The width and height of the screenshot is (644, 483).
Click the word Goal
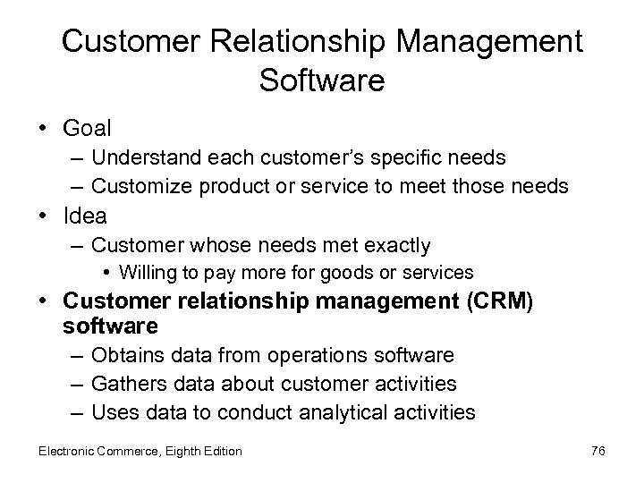tap(88, 128)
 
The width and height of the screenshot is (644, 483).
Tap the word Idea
tap(86, 215)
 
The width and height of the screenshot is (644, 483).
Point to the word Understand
tap(142, 158)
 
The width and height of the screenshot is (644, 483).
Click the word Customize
tap(139, 185)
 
